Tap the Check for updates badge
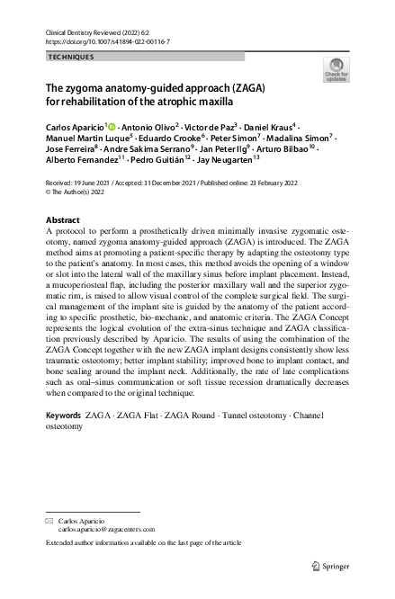337,69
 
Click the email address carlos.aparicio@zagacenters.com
106,531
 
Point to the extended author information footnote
143,544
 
